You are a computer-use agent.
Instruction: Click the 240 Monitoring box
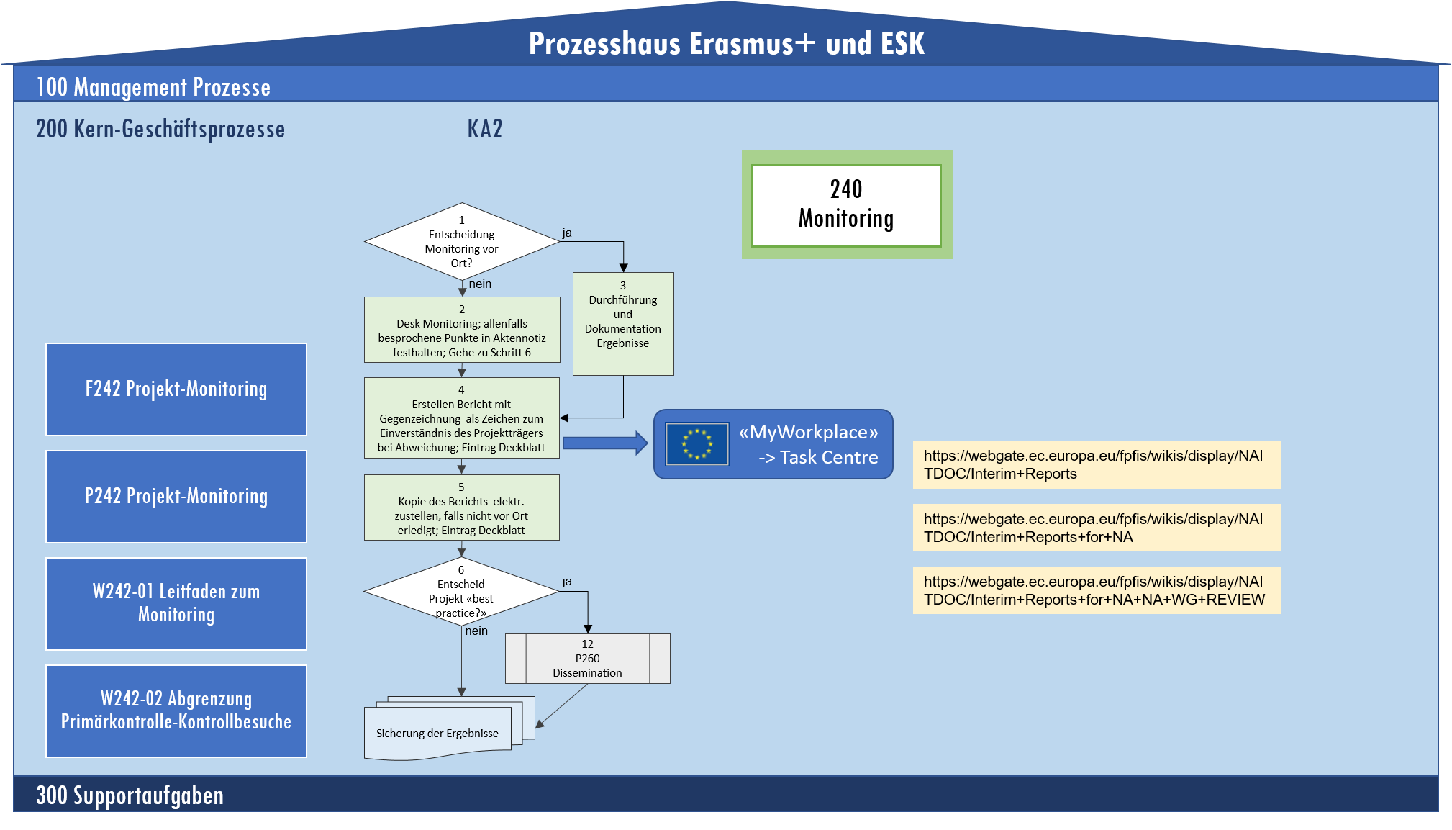click(x=846, y=205)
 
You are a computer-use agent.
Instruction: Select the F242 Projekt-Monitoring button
click(x=176, y=389)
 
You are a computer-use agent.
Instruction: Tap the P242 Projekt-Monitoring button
click(x=176, y=497)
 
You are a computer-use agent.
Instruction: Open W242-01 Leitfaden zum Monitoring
click(x=176, y=603)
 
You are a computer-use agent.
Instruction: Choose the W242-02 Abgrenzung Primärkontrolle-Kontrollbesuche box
click(x=176, y=711)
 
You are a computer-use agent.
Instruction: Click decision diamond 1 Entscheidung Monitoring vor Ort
click(x=462, y=242)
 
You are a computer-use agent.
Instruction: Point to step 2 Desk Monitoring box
click(x=462, y=330)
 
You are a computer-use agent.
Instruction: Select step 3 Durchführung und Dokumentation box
click(x=623, y=323)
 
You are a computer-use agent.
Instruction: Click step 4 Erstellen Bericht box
click(x=462, y=418)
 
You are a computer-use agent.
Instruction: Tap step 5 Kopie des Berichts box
click(x=462, y=508)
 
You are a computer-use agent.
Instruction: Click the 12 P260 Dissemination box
click(x=588, y=659)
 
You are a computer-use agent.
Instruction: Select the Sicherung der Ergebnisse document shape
click(x=437, y=733)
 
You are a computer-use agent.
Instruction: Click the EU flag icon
click(x=697, y=444)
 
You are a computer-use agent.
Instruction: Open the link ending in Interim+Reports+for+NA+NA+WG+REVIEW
click(x=1096, y=591)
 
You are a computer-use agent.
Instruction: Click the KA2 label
click(x=485, y=130)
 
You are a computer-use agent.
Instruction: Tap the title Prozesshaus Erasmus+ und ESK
click(x=727, y=44)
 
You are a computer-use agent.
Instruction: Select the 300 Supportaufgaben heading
click(x=130, y=795)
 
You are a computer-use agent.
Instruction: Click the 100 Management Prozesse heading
click(x=153, y=87)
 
